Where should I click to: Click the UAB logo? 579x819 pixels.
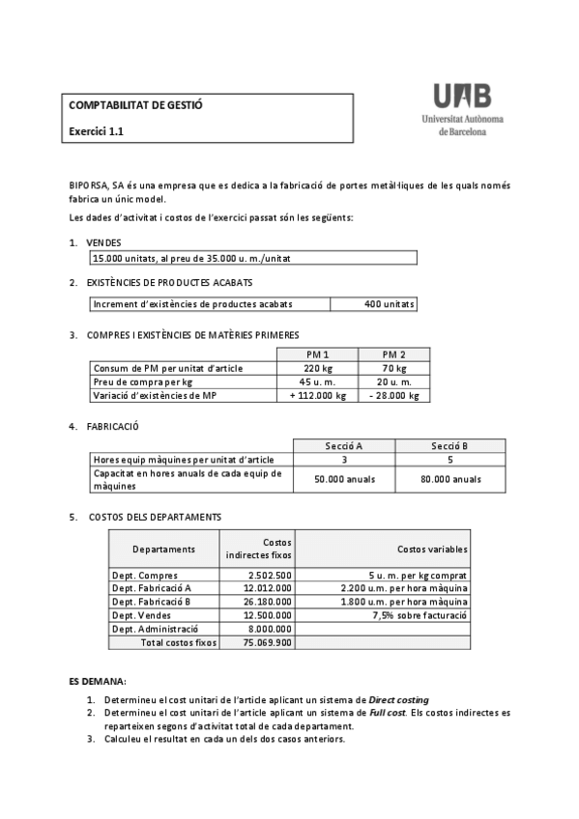[x=461, y=107]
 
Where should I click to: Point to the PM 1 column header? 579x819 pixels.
[x=317, y=354]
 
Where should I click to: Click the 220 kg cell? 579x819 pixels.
[x=317, y=368]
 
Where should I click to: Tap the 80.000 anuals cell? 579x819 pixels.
[x=451, y=479]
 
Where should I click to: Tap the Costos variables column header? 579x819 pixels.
[x=432, y=549]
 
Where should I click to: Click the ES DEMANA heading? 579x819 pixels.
[x=98, y=682]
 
